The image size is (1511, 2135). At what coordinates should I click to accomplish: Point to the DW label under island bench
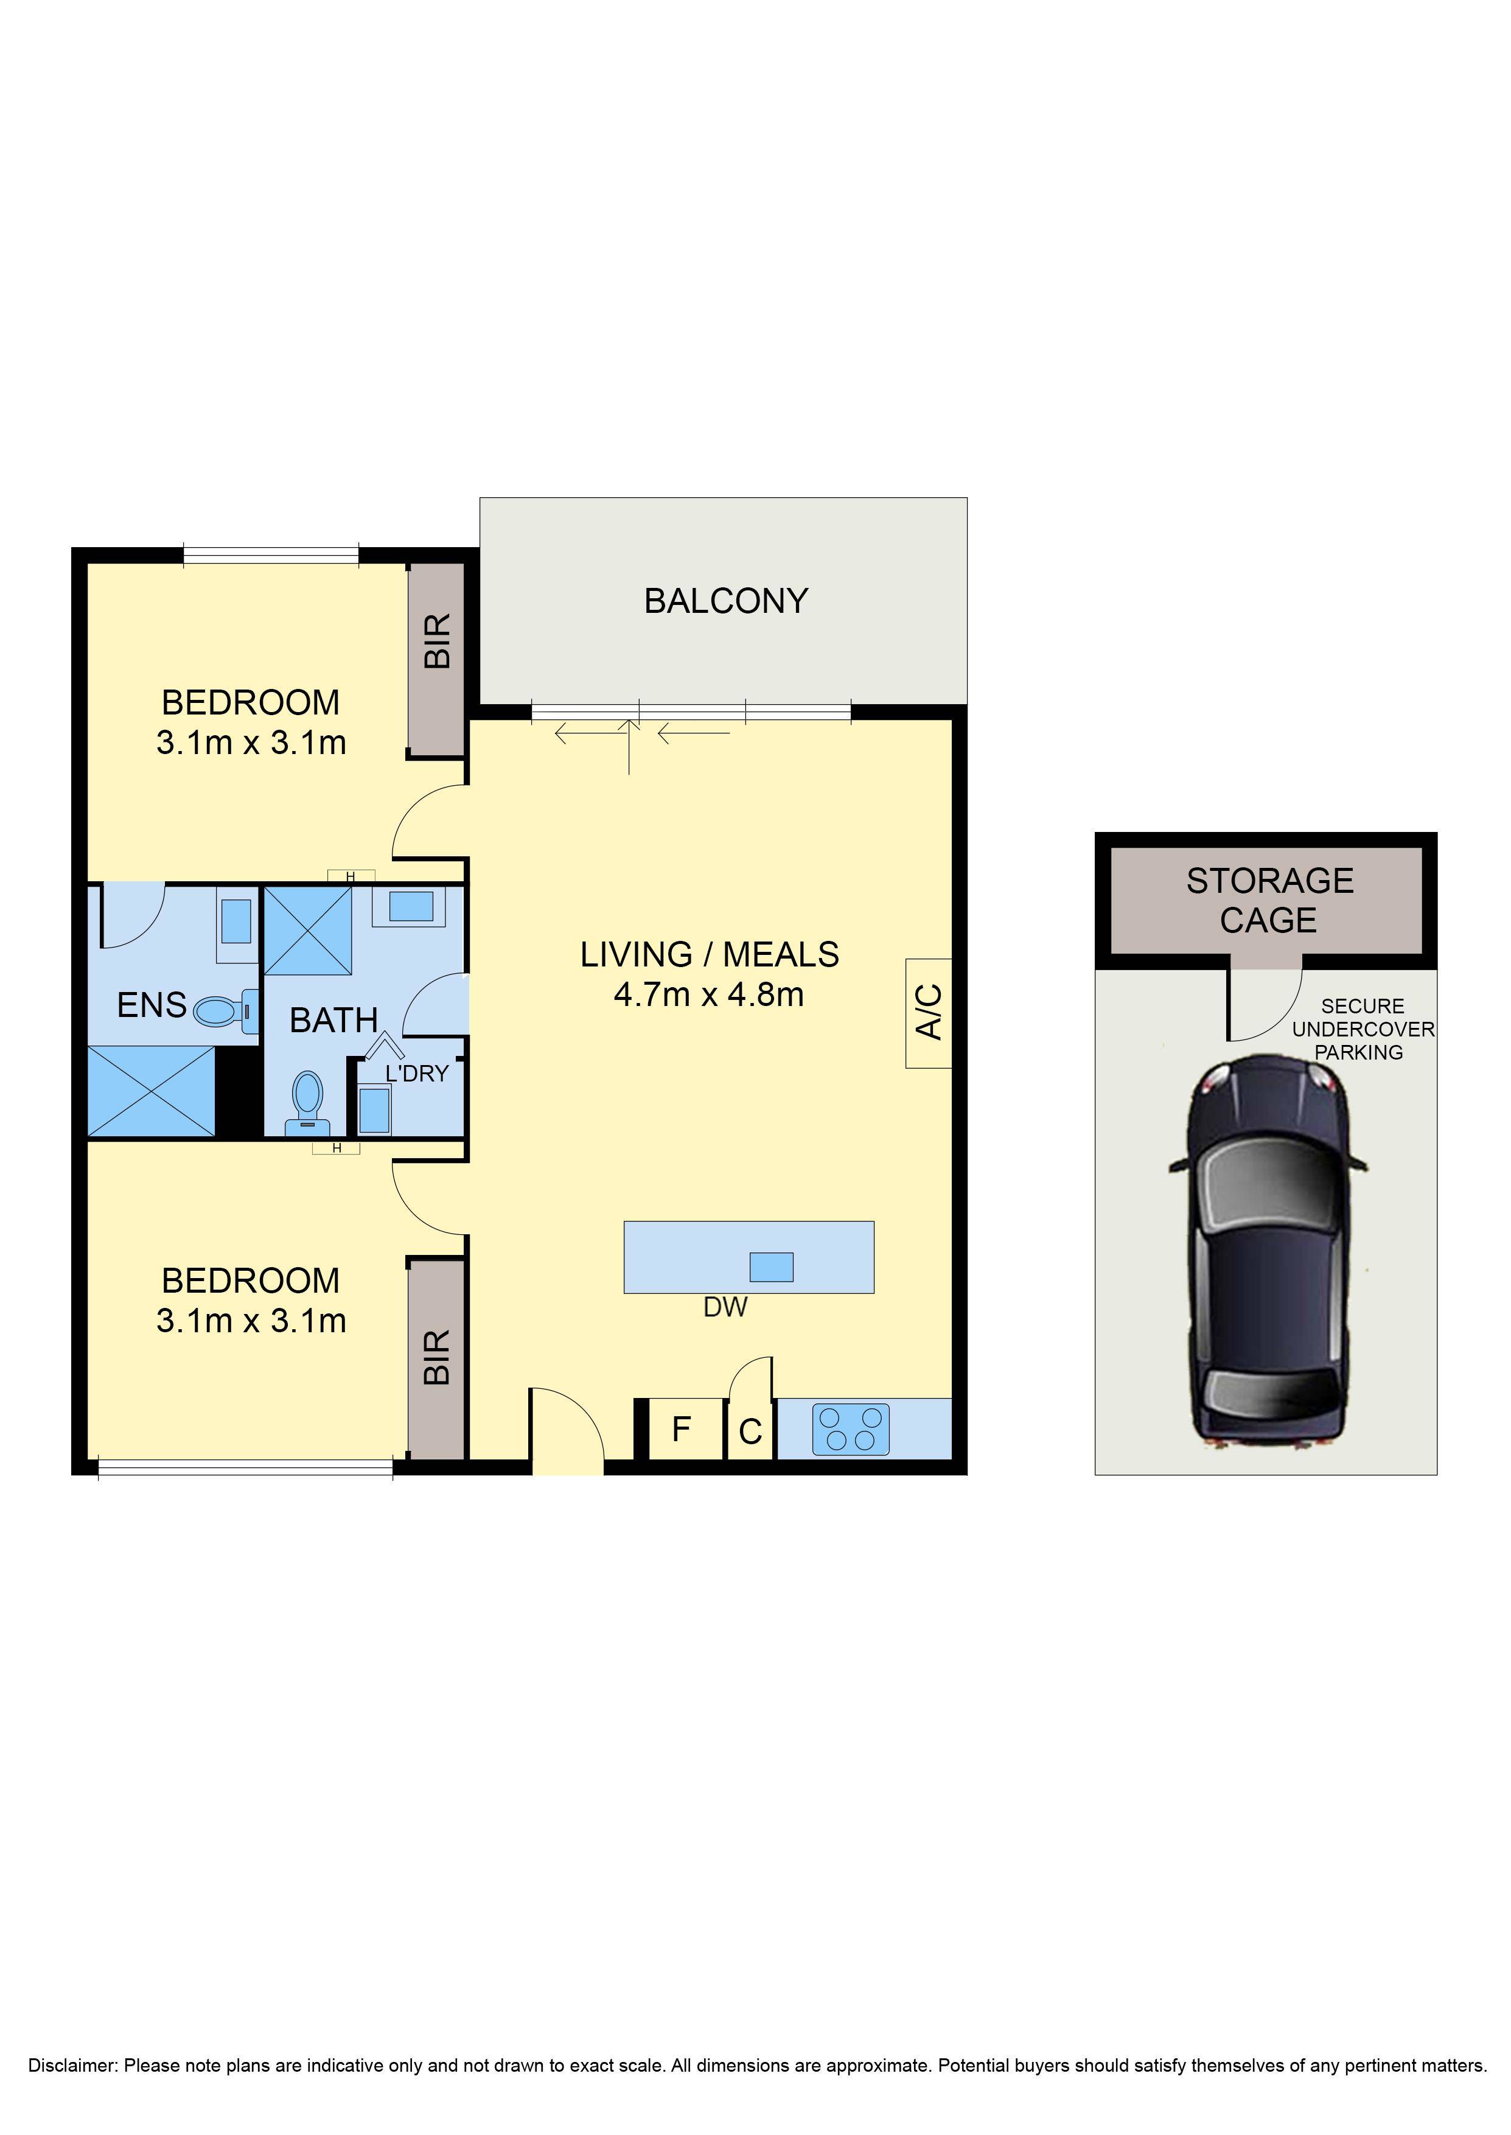pos(725,1307)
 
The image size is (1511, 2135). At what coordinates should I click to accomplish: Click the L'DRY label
pos(417,1074)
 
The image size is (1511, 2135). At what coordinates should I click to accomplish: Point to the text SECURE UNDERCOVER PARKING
pos(1362,1029)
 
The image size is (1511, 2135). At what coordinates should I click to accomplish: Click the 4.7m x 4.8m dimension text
pos(709,994)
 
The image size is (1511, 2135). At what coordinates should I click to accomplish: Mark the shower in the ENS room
pos(151,1090)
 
